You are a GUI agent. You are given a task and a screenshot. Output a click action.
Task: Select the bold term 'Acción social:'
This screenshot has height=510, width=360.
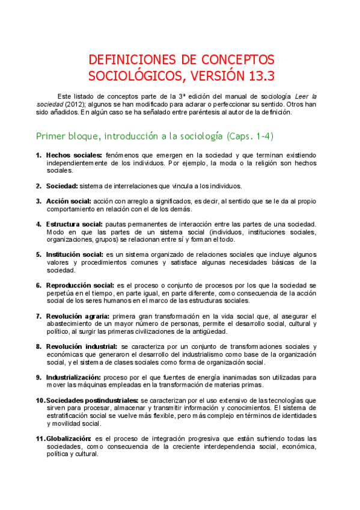(69, 200)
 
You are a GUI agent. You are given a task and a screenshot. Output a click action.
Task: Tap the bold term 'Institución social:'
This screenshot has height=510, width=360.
(75, 254)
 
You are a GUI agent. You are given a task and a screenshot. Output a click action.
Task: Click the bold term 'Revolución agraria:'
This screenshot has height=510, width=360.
(78, 316)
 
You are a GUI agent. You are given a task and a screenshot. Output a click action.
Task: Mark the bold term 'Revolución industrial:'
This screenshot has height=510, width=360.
(81, 346)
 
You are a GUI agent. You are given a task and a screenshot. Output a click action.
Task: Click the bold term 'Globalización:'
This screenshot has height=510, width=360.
(69, 438)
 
